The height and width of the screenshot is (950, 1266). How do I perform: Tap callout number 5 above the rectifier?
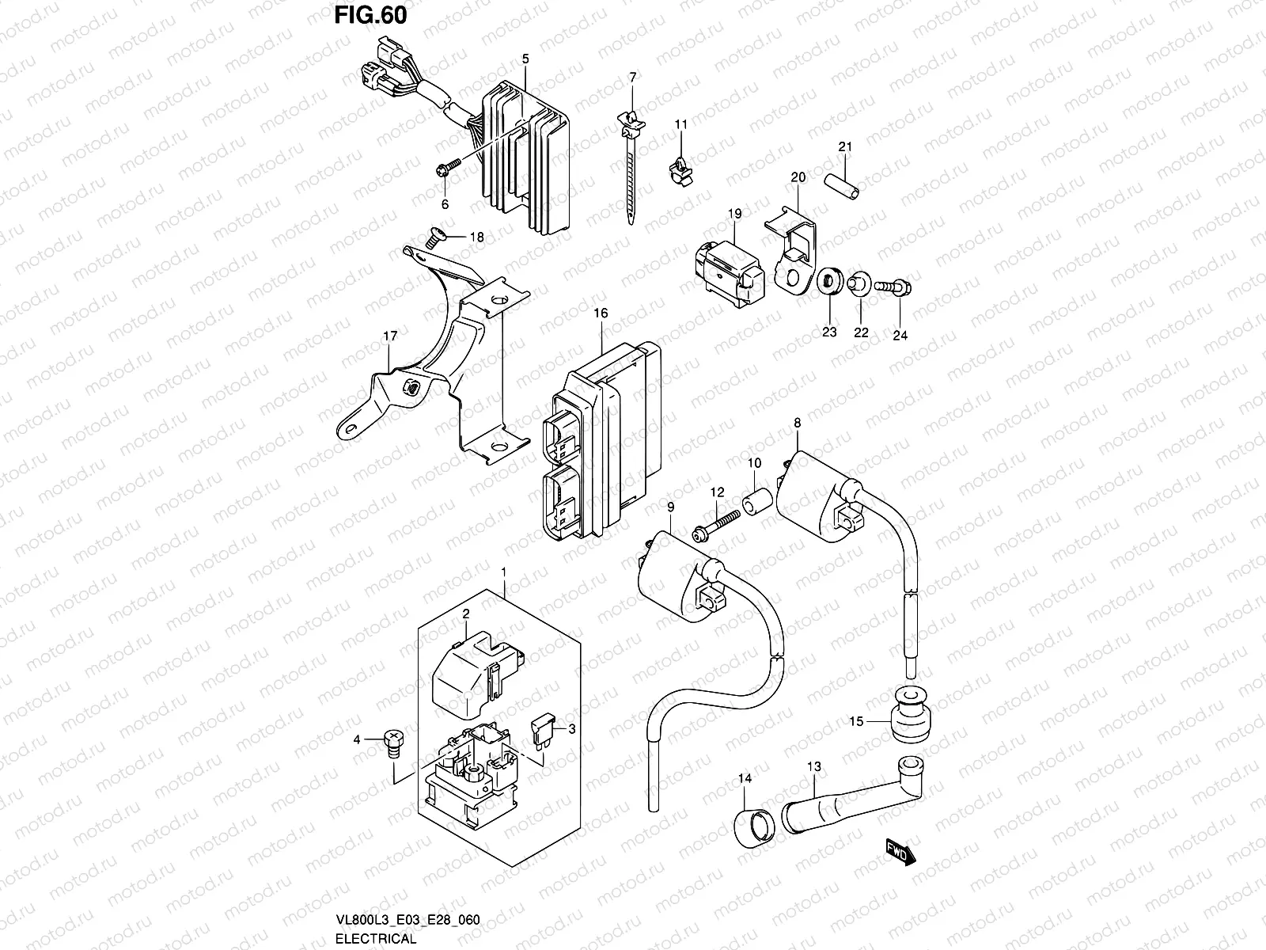tap(525, 59)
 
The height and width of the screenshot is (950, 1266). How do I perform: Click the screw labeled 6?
tap(449, 167)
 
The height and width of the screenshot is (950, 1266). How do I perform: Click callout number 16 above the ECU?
tap(601, 313)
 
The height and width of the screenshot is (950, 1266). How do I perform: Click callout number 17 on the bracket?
tap(390, 336)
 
